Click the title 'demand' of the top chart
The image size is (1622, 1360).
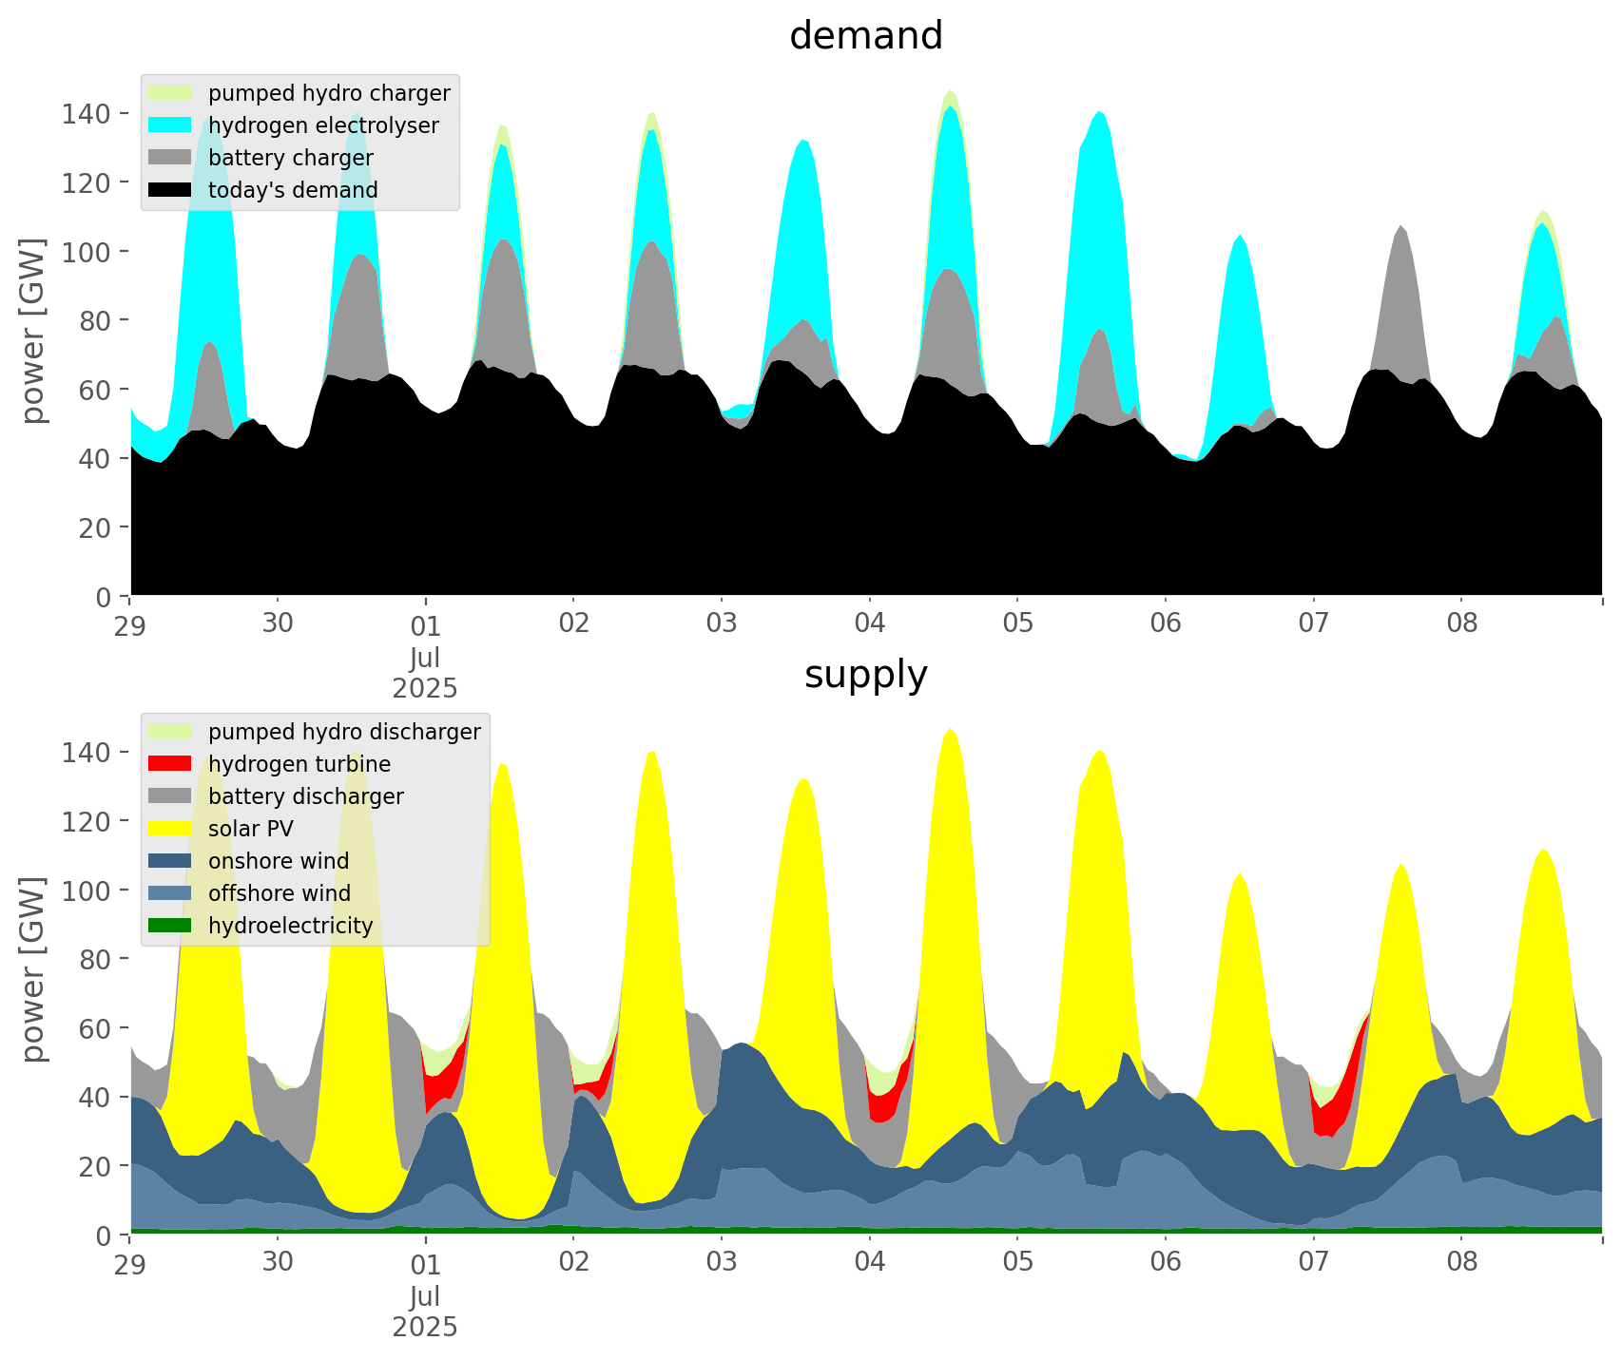click(865, 36)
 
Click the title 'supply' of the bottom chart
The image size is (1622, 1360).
click(865, 675)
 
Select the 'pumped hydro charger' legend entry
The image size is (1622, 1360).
click(329, 93)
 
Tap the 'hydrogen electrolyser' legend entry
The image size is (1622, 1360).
click(323, 125)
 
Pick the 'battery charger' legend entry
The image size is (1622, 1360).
click(290, 158)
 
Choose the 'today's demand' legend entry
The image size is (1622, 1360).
click(293, 190)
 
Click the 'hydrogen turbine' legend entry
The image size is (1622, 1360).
click(299, 764)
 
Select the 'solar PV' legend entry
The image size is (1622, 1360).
click(250, 829)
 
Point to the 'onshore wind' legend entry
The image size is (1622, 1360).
click(278, 861)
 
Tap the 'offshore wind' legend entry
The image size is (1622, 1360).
click(279, 893)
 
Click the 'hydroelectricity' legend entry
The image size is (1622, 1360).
click(290, 926)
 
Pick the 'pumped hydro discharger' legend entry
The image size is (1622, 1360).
click(344, 732)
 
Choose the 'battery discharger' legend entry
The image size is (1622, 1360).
click(305, 796)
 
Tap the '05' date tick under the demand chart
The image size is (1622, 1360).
click(1017, 624)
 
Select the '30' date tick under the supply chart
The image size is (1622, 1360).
click(278, 1263)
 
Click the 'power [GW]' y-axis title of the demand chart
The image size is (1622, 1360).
click(33, 331)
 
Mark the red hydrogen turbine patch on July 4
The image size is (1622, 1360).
click(884, 1102)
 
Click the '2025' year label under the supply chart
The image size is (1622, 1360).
click(425, 1327)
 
